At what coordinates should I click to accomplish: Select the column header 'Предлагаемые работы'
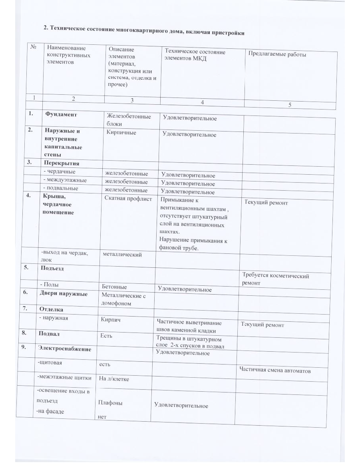click(277, 54)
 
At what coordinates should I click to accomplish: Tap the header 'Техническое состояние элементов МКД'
click(195, 55)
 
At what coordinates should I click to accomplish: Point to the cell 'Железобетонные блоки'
click(129, 120)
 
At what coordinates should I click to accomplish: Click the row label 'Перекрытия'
click(62, 163)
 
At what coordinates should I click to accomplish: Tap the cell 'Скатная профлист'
click(128, 199)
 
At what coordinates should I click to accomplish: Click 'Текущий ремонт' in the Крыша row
click(266, 203)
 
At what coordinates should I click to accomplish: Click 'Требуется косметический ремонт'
click(275, 279)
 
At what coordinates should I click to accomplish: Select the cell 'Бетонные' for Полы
click(114, 287)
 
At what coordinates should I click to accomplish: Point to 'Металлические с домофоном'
click(124, 299)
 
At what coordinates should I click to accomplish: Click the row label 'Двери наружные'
click(63, 294)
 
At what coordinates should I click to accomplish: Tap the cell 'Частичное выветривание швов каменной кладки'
click(189, 327)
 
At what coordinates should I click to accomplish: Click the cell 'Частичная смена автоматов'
click(275, 370)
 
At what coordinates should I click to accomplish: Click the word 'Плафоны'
click(110, 403)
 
